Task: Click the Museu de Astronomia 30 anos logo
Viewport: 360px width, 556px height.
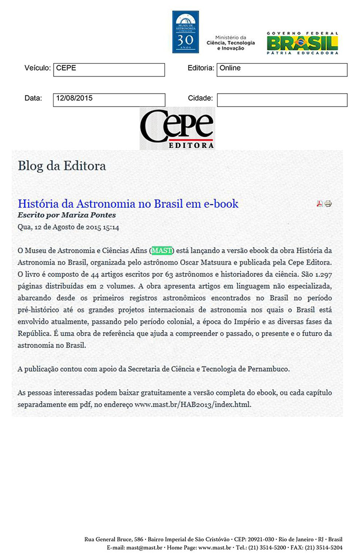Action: point(185,32)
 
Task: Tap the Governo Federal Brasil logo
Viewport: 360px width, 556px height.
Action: point(302,43)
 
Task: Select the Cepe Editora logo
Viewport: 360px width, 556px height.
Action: point(177,128)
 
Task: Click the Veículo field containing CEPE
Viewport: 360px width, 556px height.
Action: point(109,70)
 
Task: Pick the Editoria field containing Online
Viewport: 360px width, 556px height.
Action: point(282,70)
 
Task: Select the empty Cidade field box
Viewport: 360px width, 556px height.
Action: point(282,99)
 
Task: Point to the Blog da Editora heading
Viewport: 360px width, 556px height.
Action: point(62,166)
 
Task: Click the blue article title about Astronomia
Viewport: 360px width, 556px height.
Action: point(128,203)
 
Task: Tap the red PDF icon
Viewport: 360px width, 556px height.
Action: point(319,204)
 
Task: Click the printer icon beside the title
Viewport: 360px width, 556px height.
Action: point(328,204)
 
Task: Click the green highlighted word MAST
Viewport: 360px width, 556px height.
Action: point(162,250)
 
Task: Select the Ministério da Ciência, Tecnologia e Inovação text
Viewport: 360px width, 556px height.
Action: point(230,43)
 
